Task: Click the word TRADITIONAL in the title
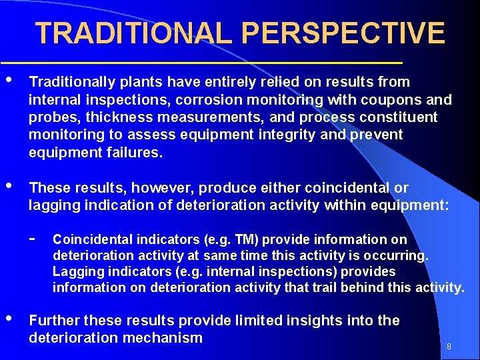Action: (x=135, y=33)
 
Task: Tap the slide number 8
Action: (x=449, y=346)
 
